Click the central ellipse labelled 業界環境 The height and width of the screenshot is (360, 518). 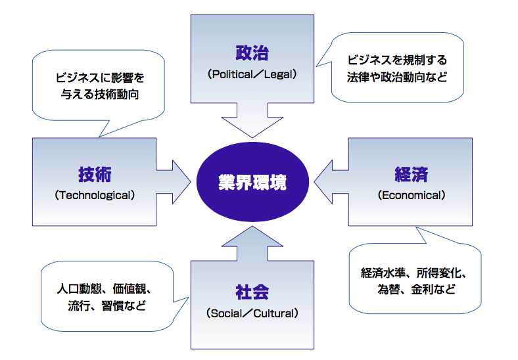252,182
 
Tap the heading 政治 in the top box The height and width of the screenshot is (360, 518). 252,53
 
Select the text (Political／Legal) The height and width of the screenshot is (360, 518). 252,74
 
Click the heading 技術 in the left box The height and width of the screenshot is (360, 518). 95,174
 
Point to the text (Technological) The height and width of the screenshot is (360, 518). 95,195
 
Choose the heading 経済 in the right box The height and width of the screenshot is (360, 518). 412,174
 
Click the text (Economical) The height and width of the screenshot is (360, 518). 412,195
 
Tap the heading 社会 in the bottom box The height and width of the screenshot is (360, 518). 252,292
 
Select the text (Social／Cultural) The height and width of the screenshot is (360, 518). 252,313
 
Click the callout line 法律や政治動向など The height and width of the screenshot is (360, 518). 397,77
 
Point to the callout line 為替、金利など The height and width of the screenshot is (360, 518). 416,289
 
